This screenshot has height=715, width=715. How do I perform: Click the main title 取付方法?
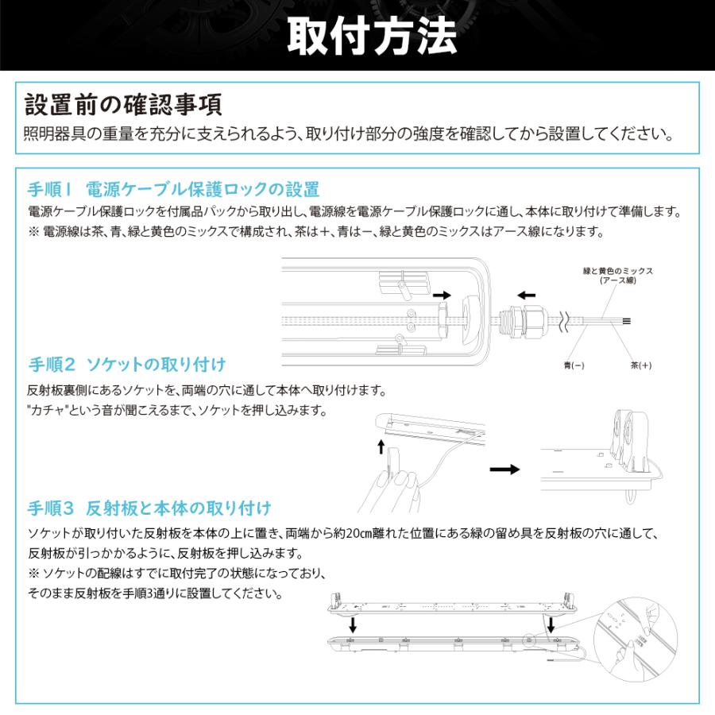pos(371,35)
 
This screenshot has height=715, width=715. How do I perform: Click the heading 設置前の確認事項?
pos(123,105)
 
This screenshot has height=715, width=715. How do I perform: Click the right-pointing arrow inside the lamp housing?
pos(441,294)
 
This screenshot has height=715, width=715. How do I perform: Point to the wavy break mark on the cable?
pos(566,321)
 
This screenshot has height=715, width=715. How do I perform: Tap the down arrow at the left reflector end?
pos(353,624)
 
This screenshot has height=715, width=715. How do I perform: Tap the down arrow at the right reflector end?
pos(551,624)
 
